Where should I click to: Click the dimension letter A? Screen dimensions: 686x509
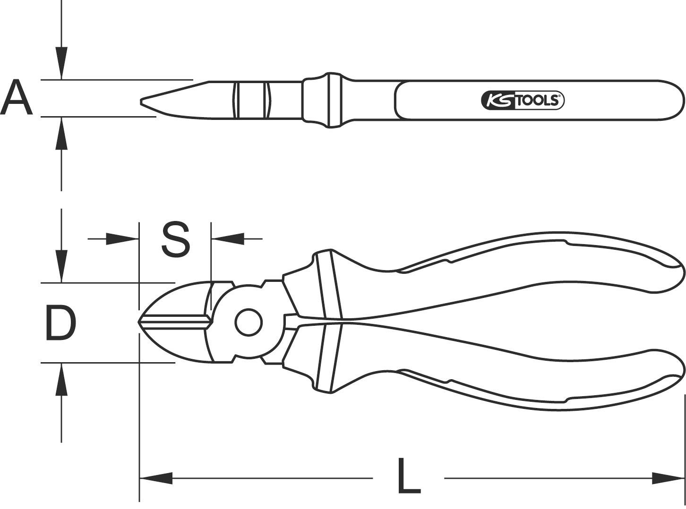(x=17, y=97)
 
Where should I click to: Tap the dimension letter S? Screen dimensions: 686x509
(x=175, y=239)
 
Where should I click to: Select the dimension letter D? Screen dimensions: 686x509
(x=61, y=323)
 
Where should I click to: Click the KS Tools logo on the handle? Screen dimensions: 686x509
(x=523, y=100)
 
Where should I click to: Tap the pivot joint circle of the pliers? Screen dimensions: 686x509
(x=249, y=322)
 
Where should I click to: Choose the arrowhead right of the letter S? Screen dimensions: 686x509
(x=228, y=239)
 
